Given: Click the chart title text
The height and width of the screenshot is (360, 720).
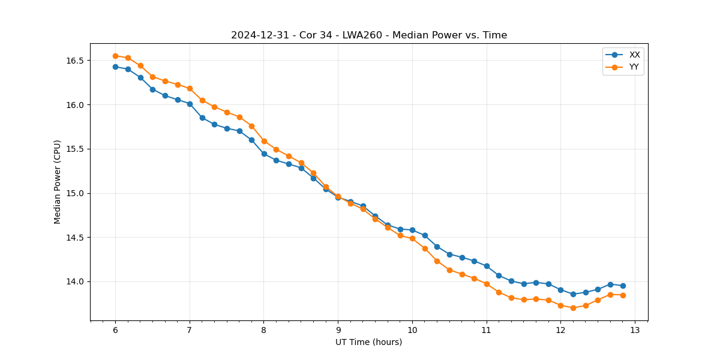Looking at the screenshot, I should coord(369,35).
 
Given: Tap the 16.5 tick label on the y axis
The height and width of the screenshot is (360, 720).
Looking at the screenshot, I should coord(76,61).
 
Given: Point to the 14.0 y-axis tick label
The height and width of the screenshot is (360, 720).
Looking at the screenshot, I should coord(76,281).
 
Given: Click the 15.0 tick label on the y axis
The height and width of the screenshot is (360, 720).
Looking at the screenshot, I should coord(76,193).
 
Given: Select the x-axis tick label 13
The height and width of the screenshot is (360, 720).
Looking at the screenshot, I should coord(635,330).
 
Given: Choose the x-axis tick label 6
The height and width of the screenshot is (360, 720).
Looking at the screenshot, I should coord(115,330).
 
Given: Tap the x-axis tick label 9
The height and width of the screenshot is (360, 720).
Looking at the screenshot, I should coord(338,330).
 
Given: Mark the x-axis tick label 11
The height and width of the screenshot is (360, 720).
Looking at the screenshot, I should coord(486,330).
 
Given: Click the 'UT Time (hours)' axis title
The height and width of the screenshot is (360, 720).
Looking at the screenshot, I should coord(369,342).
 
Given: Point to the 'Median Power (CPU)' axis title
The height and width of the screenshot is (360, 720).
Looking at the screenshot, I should coord(58,182).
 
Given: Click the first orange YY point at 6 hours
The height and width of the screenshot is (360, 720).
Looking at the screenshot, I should coord(115,56).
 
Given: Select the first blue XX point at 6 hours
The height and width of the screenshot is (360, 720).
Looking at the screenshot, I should coord(115,67).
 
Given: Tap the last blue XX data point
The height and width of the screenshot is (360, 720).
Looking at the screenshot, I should coord(623,286).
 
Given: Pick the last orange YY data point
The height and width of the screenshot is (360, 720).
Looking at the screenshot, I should coord(623,295).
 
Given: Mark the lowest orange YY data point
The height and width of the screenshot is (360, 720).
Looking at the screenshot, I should coord(573,308).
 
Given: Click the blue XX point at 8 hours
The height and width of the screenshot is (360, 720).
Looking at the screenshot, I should coord(264,154).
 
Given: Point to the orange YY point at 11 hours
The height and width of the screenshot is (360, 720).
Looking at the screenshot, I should coord(487,284).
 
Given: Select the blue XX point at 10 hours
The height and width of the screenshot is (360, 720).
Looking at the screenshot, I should coord(412,230).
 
